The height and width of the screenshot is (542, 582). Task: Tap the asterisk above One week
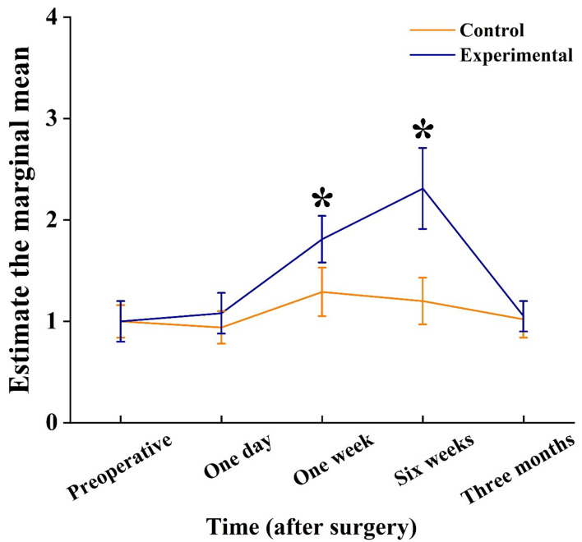322,199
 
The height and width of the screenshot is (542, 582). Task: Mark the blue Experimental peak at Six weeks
423,188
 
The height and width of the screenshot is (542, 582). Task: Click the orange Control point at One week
322,292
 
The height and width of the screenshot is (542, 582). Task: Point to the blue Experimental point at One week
322,238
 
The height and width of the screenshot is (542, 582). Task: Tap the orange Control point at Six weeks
423,301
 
